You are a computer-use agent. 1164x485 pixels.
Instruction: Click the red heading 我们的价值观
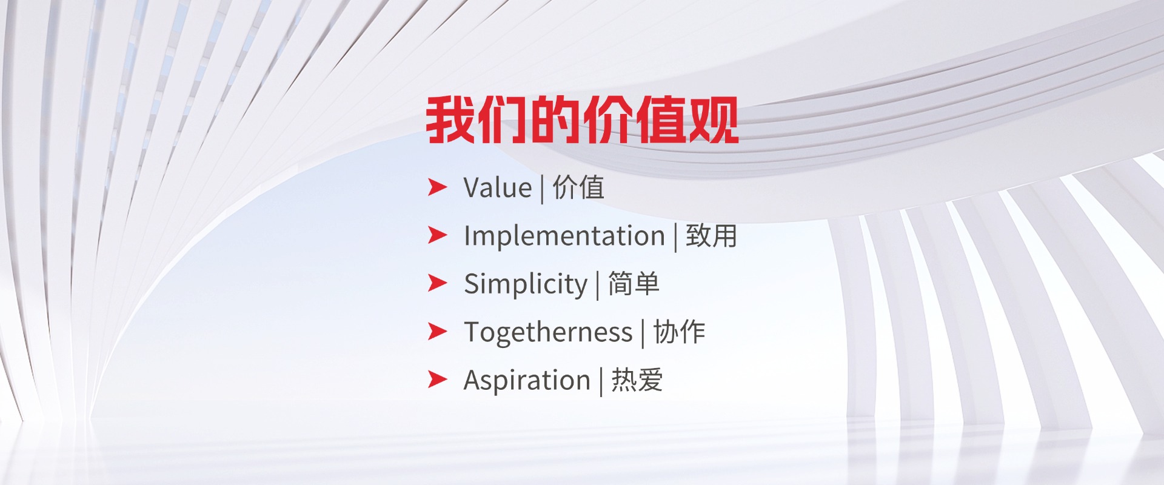[x=582, y=120]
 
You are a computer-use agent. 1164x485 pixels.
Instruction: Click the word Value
[x=498, y=187]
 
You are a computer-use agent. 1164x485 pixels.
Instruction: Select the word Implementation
[x=564, y=235]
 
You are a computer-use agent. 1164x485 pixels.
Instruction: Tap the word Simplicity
[x=526, y=284]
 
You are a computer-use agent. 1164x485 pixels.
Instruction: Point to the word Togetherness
[x=548, y=332]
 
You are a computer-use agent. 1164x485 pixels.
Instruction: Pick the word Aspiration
[x=527, y=380]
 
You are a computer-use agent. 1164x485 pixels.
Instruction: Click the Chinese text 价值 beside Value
[x=578, y=187]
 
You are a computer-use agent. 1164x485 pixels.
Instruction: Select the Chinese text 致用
[x=711, y=235]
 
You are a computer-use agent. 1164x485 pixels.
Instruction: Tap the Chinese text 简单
[x=634, y=284]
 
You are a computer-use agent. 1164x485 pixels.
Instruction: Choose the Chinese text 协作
[x=679, y=332]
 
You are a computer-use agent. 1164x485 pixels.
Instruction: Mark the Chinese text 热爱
[x=637, y=380]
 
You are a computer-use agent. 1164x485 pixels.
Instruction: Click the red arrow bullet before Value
[x=438, y=187]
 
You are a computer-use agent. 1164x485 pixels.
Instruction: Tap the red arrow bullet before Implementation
[x=438, y=235]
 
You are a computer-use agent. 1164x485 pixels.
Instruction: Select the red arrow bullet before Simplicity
[x=438, y=283]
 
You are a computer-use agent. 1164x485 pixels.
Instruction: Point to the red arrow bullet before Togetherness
[x=438, y=331]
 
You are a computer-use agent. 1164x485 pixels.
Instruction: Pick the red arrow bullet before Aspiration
[x=438, y=379]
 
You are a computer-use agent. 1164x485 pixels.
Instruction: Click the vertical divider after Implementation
[x=675, y=236]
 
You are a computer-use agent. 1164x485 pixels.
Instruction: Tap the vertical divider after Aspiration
[x=601, y=381]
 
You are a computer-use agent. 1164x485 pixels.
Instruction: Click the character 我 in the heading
[x=450, y=120]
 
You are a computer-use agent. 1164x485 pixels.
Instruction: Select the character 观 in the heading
[x=714, y=120]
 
